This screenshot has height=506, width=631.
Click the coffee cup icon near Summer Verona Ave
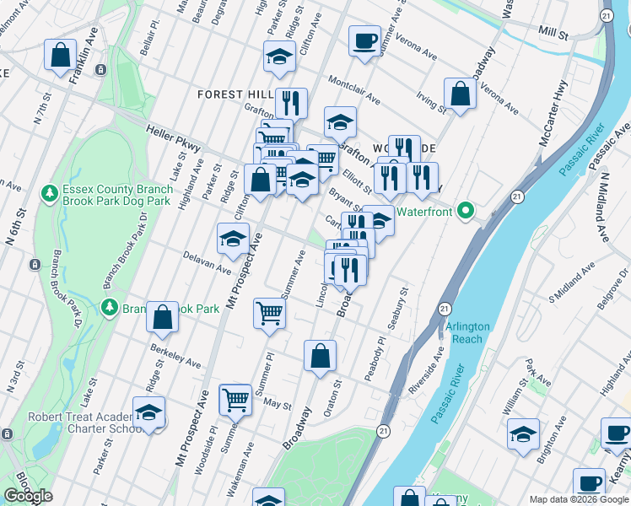tap(364, 41)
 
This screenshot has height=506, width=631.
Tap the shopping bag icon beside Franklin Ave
tap(62, 57)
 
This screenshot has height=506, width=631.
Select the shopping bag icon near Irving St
tap(461, 94)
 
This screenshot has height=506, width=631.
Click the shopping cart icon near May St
tap(235, 399)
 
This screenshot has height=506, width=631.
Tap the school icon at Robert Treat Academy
tap(149, 414)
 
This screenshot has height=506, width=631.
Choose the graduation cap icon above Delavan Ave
tap(233, 240)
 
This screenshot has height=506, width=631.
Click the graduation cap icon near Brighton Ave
tap(524, 434)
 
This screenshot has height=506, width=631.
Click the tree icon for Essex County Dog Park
tap(51, 194)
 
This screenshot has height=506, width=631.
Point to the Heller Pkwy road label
tap(173, 140)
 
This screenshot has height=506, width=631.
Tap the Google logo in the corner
tap(28, 496)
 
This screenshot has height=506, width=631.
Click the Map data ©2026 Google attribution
tap(578, 499)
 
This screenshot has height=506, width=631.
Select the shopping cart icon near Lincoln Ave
tap(269, 313)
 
